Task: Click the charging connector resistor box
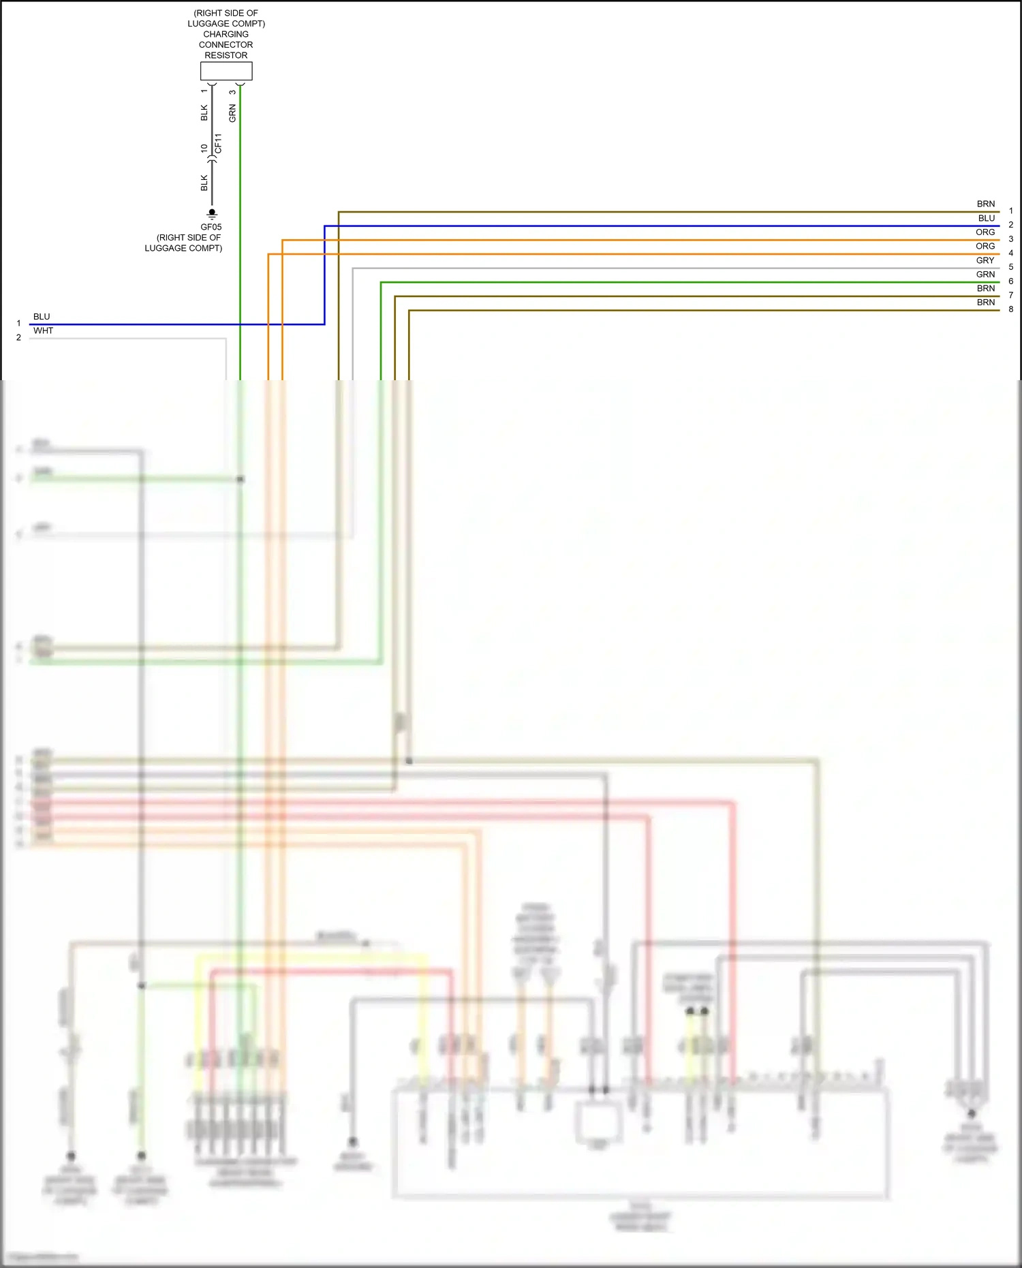coord(226,71)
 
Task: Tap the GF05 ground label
coord(211,227)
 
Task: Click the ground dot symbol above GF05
coord(212,213)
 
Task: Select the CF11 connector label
coord(218,143)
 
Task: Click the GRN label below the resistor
coord(232,113)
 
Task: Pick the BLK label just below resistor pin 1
coord(204,112)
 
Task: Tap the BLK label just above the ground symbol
coord(204,183)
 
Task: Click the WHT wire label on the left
coord(43,330)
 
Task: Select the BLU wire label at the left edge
coord(42,317)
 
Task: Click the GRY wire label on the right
coord(985,260)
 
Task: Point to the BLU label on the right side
coord(987,218)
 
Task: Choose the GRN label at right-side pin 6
coord(985,275)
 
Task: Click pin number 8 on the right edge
coord(1011,309)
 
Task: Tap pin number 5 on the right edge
coord(1011,267)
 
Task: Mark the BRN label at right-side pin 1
coord(986,204)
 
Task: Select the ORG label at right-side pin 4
coord(985,246)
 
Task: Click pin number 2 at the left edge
coord(18,337)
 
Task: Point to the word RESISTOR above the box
coord(226,55)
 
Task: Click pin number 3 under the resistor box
coord(233,92)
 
